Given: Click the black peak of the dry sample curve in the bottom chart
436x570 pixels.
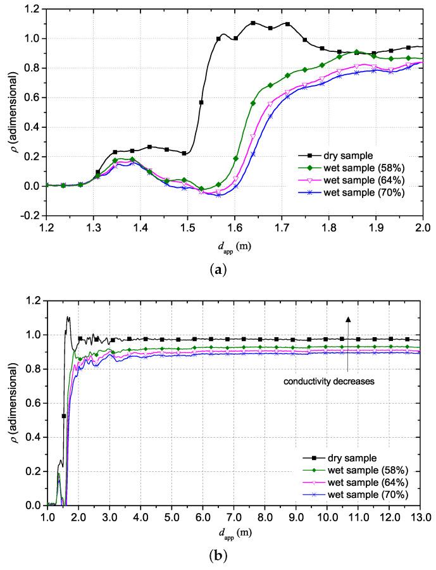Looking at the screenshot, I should click(68, 317).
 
